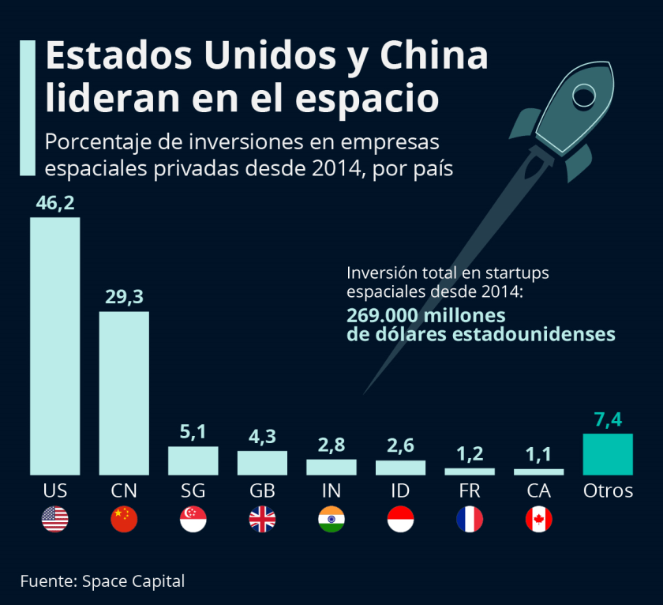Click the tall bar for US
point(55,346)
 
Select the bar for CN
point(124,393)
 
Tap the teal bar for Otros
point(608,454)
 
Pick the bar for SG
point(193,460)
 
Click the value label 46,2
point(55,203)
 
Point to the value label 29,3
point(124,297)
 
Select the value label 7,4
point(608,419)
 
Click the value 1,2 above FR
point(470,454)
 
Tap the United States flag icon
point(55,519)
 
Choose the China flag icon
point(124,519)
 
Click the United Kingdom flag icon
point(262,519)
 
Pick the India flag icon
point(331,519)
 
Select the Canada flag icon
point(538,519)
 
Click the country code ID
point(400,490)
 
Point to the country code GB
point(262,490)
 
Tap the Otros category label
point(608,490)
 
